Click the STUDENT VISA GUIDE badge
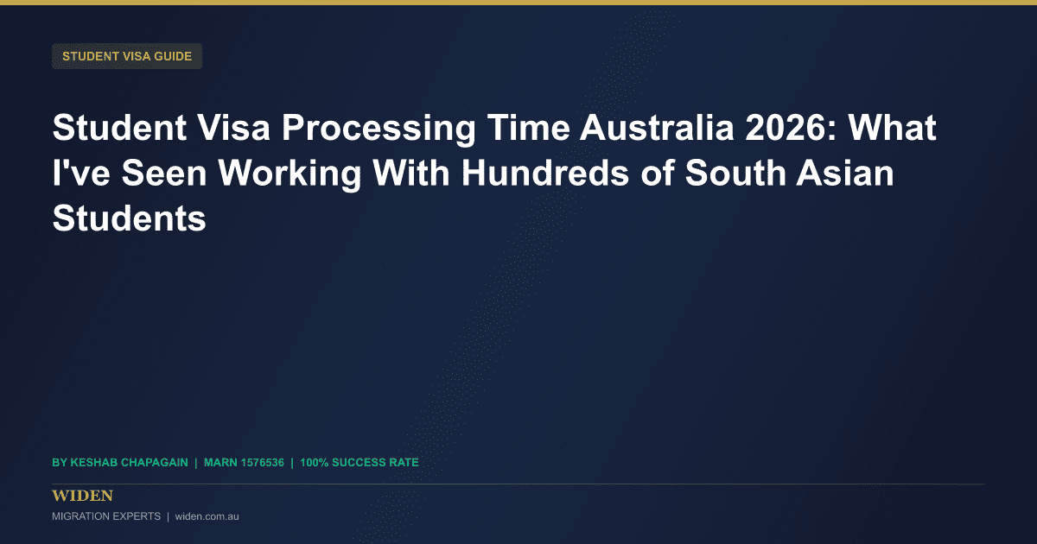click(x=127, y=56)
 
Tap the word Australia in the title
click(x=658, y=127)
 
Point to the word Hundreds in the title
click(x=545, y=173)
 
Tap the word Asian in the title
click(x=845, y=173)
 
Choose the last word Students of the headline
click(x=129, y=218)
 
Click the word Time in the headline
click(x=528, y=127)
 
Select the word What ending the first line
click(x=892, y=127)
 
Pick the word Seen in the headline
click(x=164, y=173)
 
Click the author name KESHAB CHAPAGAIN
click(x=129, y=463)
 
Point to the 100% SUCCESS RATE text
click(x=359, y=463)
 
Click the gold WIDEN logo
click(x=82, y=496)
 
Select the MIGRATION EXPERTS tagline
click(x=106, y=516)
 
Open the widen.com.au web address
click(x=207, y=516)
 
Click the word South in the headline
click(x=735, y=173)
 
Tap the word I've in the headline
click(x=81, y=173)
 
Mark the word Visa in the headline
click(x=234, y=127)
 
